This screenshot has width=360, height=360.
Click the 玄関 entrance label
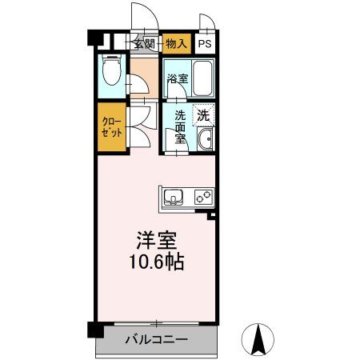pyautogui.click(x=144, y=44)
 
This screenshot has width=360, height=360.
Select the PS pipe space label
pyautogui.click(x=206, y=45)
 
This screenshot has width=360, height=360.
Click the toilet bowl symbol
pyautogui.click(x=113, y=74)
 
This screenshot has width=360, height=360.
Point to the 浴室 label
pyautogui.click(x=177, y=79)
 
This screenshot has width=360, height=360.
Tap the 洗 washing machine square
pyautogui.click(x=204, y=114)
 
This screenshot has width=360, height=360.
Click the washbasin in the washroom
pyautogui.click(x=205, y=141)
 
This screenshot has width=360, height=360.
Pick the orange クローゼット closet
pyautogui.click(x=110, y=127)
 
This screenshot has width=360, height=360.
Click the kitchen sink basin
pyautogui.click(x=174, y=196)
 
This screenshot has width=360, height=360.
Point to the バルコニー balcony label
pyautogui.click(x=156, y=340)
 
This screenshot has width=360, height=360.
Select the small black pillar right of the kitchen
pyautogui.click(x=212, y=215)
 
